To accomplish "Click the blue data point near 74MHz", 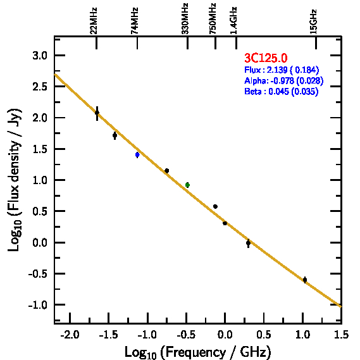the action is tap(137, 155).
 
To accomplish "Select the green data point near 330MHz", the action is tap(187, 185).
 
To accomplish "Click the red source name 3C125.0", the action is tap(266, 58).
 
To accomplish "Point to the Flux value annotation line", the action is tap(282, 70).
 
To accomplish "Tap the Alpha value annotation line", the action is tap(284, 81).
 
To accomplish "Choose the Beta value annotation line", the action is tap(282, 91).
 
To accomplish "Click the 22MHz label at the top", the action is tap(94, 21).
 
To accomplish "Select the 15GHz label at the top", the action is tap(313, 22).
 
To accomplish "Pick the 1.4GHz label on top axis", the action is tap(233, 21).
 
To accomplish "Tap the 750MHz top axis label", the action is tap(213, 18).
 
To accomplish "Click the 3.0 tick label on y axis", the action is tap(40, 56).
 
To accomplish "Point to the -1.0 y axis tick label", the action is tap(38, 305).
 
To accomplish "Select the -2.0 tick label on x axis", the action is tap(70, 335).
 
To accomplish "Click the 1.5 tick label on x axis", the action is tap(342, 335).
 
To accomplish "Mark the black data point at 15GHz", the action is tap(305, 280).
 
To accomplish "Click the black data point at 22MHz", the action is tap(97, 113).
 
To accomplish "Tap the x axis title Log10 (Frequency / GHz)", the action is tap(197, 352).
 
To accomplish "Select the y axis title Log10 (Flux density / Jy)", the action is tap(15, 180).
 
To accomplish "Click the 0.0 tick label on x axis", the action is tap(225, 335).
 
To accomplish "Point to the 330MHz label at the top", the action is tap(185, 18).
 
